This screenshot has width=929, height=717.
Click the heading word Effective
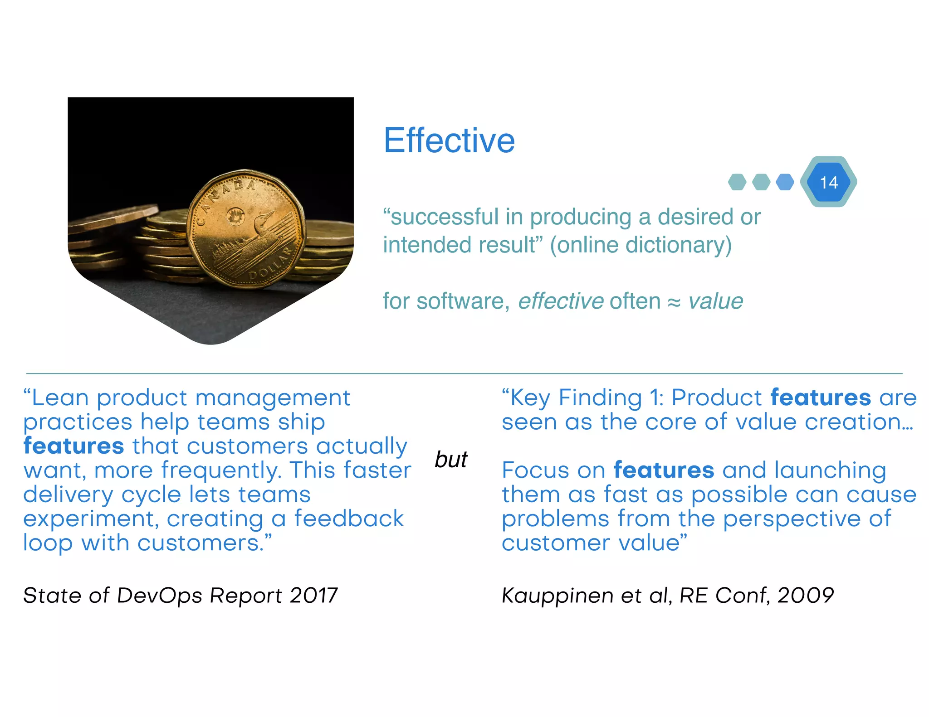pos(449,140)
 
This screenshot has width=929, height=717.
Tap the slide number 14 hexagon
pos(828,182)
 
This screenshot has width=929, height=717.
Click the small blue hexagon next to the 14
pos(785,182)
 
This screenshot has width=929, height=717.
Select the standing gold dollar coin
pos(245,229)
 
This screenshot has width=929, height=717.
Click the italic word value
pos(715,301)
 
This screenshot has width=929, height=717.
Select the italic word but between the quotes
pos(451,460)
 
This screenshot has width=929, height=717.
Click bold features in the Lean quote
pos(73,446)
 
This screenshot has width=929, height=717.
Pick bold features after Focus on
pos(664,470)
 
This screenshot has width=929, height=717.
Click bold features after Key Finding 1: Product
pos(821,397)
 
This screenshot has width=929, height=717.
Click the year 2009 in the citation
pos(806,595)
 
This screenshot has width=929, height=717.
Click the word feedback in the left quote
pos(349,518)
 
